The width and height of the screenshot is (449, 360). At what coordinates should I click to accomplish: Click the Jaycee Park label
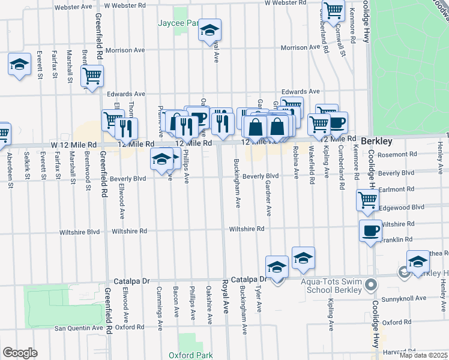tap(178, 23)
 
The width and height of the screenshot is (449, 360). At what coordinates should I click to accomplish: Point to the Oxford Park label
tap(190, 355)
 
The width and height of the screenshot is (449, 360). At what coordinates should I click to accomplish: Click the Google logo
tap(19, 353)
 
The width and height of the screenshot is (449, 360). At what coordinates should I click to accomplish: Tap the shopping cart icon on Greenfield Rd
tap(92, 76)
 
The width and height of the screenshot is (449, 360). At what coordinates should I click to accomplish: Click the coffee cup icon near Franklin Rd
tap(370, 230)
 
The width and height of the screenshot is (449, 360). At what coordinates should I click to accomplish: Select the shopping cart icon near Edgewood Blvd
tap(367, 200)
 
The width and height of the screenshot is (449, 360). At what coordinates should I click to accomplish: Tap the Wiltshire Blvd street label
tap(79, 232)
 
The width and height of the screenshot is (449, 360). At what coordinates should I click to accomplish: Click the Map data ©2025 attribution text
tap(423, 355)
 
